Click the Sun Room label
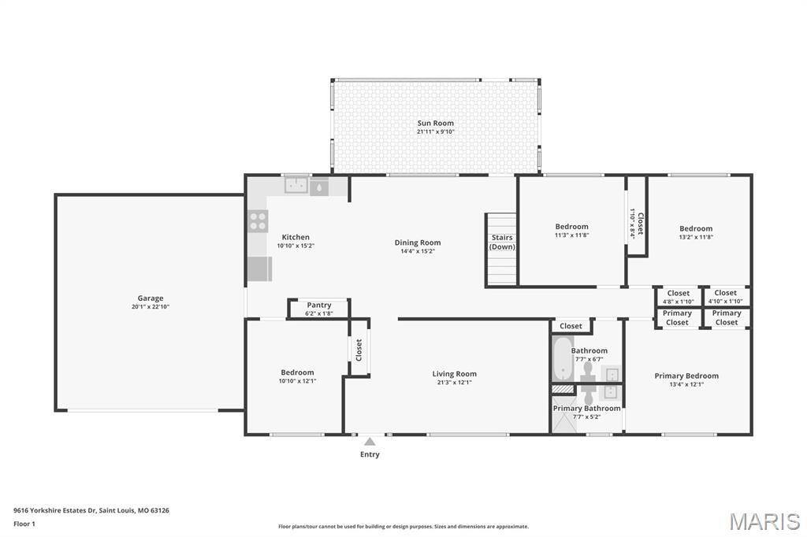(x=435, y=123)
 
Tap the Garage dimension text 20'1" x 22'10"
(x=151, y=306)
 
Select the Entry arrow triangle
(x=370, y=441)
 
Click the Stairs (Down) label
(x=502, y=242)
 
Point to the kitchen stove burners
(x=258, y=221)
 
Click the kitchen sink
(x=296, y=185)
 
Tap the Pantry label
(x=319, y=305)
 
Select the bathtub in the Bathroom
(x=563, y=359)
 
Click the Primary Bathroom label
(x=586, y=409)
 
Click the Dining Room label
(x=418, y=243)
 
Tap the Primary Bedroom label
(x=686, y=376)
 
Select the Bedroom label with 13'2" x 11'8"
(x=696, y=228)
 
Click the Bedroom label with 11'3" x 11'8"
(x=572, y=226)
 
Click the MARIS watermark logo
(x=764, y=521)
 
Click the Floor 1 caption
(x=24, y=524)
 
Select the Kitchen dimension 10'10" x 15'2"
(x=296, y=246)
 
